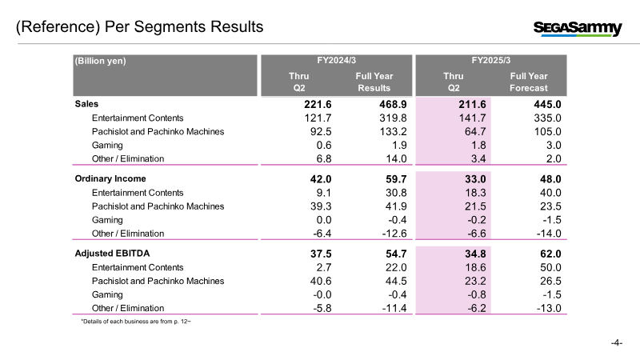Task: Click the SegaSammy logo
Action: [x=578, y=29]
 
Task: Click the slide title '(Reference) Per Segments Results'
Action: [x=139, y=27]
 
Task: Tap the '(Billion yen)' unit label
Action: [x=101, y=61]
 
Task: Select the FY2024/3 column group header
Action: [x=336, y=61]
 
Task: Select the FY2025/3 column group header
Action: [x=491, y=61]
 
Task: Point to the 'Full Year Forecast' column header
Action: [x=529, y=82]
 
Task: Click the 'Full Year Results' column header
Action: [x=374, y=82]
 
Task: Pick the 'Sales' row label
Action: [x=86, y=104]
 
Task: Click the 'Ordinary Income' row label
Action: [x=110, y=178]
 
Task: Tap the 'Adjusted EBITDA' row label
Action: [x=112, y=254]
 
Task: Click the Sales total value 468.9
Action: [x=393, y=105]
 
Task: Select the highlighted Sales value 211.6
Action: [x=472, y=105]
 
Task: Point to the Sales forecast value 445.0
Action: [x=547, y=105]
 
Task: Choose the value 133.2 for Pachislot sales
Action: [x=393, y=131]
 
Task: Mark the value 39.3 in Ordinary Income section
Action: [x=321, y=206]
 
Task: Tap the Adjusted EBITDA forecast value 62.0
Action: [x=550, y=254]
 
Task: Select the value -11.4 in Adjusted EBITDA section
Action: [x=394, y=308]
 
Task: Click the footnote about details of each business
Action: [x=136, y=322]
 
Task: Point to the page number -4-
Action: [x=616, y=343]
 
